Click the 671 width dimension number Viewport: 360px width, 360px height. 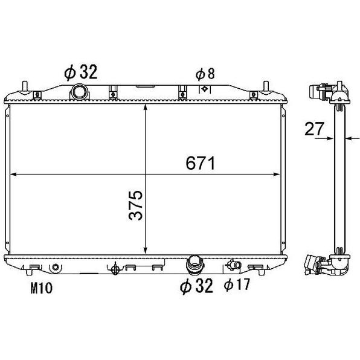[200, 163]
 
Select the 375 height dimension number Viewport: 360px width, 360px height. [136, 205]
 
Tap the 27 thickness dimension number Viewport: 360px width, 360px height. [314, 129]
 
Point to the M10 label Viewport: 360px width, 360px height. [42, 288]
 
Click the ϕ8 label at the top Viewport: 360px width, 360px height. [205, 74]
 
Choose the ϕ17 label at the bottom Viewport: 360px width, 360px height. [237, 284]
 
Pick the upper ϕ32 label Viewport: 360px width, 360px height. [81, 72]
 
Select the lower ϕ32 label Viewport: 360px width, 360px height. [196, 286]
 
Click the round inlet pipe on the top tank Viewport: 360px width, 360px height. [79, 92]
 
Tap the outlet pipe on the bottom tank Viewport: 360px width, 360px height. [194, 265]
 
